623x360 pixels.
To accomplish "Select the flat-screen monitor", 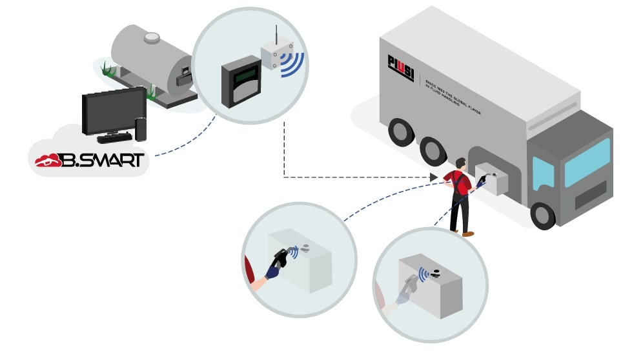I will [114, 110].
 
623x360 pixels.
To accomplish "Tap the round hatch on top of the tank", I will [152, 37].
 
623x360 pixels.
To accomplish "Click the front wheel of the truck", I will [542, 215].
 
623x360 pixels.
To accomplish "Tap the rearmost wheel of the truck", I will [401, 133].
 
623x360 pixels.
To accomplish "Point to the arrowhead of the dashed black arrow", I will [434, 177].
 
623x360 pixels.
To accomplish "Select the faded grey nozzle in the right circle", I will [409, 285].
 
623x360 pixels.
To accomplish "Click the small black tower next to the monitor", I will [141, 128].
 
